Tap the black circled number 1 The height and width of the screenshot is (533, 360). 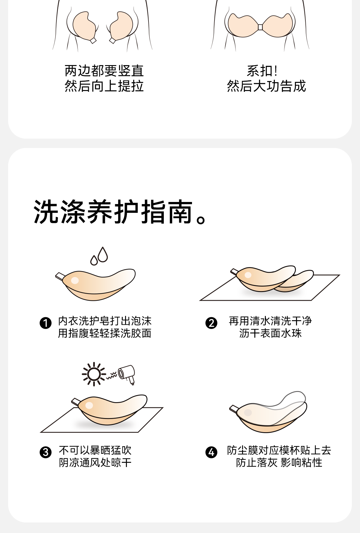[46, 323]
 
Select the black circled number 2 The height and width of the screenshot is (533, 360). [211, 323]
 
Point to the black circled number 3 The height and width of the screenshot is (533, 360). [46, 452]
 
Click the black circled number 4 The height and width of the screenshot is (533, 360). [211, 452]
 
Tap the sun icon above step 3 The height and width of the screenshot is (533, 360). [94, 374]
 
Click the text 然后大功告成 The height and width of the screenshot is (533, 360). [266, 86]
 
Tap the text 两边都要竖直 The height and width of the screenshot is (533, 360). [104, 71]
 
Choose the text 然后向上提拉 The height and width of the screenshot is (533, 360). [104, 86]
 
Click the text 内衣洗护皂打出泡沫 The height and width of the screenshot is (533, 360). [105, 321]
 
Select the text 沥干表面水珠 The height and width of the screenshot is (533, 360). [270, 333]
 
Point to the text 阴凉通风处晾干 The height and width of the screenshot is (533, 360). [95, 462]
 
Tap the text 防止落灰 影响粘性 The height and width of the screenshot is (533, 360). [279, 462]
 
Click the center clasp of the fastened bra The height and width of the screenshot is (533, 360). [260, 27]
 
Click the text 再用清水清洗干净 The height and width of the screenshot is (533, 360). [270, 321]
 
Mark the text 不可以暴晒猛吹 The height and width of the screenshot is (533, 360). [95, 450]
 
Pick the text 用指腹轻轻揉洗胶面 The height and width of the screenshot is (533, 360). [105, 333]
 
